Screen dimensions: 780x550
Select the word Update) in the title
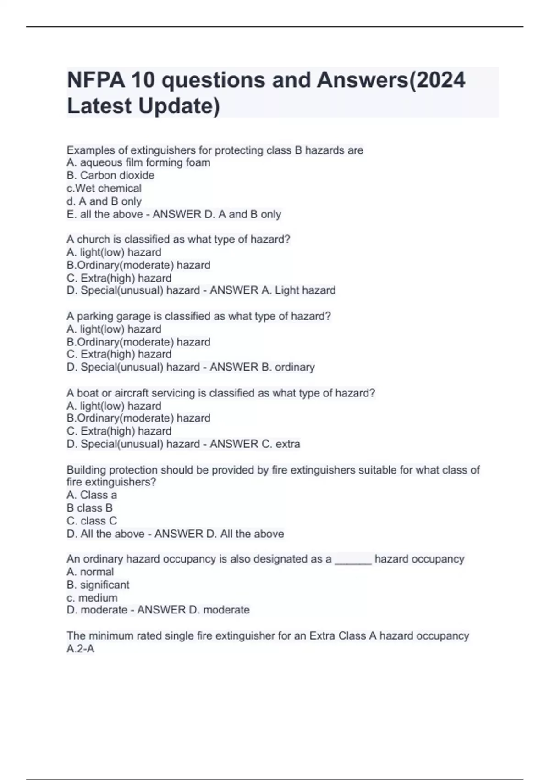tap(179, 106)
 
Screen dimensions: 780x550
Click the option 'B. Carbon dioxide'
tap(110, 175)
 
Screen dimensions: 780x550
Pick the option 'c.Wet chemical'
tap(104, 188)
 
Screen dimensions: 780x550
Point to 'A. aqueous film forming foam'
tap(138, 162)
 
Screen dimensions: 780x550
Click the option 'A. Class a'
tap(92, 495)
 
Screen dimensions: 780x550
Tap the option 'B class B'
tap(89, 508)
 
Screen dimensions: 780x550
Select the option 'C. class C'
tap(92, 521)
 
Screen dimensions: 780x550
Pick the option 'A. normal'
tap(90, 572)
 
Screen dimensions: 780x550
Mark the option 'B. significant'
tap(98, 585)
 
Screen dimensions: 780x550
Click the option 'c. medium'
tap(92, 597)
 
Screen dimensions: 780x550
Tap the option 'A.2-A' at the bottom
tap(81, 648)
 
